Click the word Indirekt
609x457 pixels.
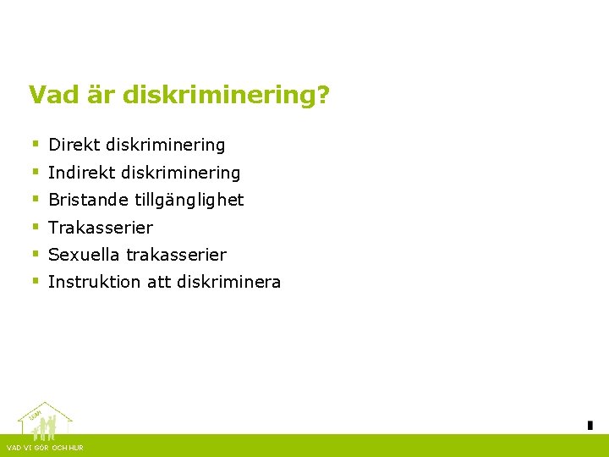(82, 173)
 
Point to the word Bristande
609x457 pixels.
(88, 201)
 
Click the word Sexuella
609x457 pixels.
(84, 255)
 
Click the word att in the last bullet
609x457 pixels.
(159, 282)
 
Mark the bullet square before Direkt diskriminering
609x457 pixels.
(36, 145)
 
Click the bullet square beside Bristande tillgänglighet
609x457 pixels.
(36, 200)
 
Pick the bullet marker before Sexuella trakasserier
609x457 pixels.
(36, 254)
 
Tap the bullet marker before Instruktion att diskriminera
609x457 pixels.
(36, 281)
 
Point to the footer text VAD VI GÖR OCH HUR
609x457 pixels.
(45, 448)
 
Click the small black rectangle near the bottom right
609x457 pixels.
(590, 425)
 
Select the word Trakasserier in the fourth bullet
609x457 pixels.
(101, 228)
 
